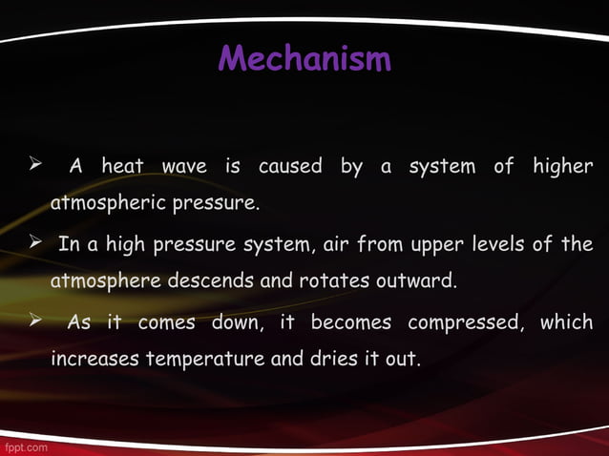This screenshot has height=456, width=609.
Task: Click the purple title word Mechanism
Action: [304, 60]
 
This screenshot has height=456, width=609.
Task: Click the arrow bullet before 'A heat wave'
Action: [32, 166]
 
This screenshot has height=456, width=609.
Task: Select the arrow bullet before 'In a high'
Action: [32, 243]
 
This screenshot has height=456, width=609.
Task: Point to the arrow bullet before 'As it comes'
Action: [32, 321]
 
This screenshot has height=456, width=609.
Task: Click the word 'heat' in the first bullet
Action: [123, 167]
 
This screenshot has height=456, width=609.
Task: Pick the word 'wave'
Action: [184, 167]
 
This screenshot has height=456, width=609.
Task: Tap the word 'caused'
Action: [290, 167]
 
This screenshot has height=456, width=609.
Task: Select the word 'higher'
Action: [562, 167]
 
